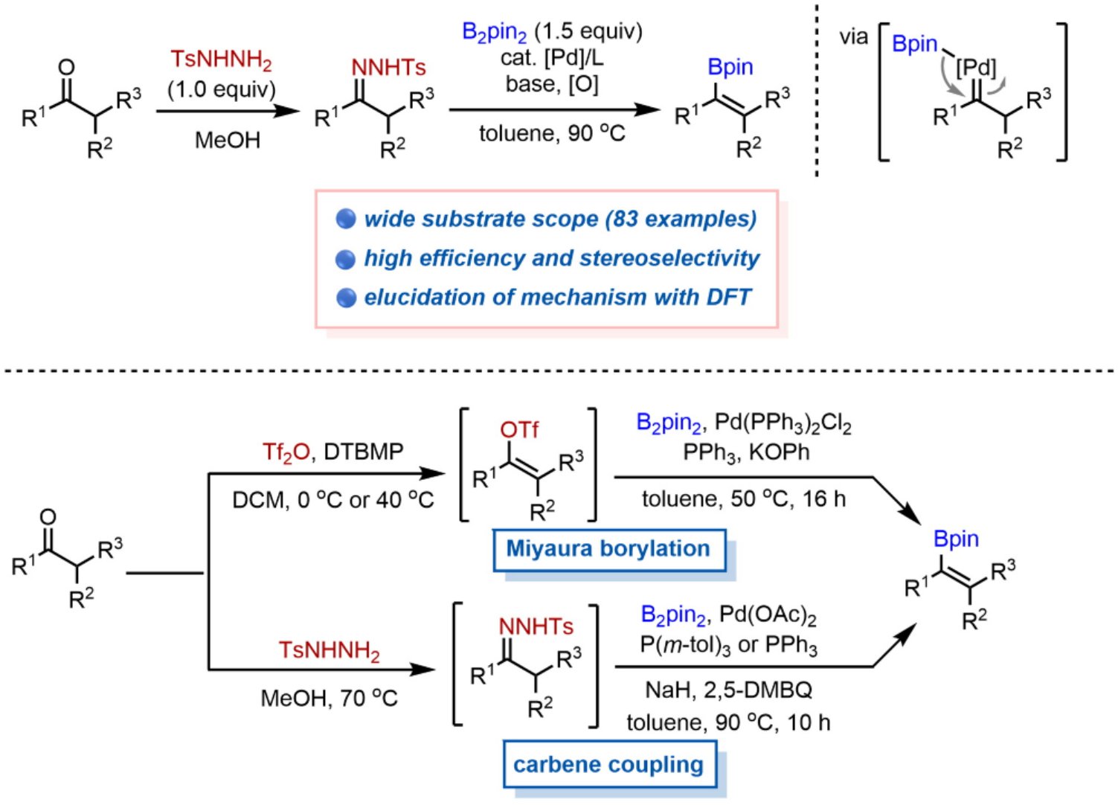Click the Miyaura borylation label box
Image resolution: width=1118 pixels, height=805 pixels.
click(608, 549)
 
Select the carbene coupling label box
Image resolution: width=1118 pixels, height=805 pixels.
click(608, 765)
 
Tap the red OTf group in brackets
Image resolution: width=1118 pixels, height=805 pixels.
click(519, 430)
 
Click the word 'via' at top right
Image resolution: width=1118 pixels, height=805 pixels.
click(853, 37)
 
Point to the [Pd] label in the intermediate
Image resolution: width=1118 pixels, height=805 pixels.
click(975, 68)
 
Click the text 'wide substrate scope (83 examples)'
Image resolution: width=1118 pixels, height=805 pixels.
click(560, 219)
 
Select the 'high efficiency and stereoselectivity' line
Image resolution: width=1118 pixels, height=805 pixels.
click(562, 258)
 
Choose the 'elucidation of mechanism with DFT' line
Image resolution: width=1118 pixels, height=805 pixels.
click(557, 297)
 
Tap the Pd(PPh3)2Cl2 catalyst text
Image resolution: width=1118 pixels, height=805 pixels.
click(783, 423)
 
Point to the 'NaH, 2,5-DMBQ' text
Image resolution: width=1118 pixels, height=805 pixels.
click(728, 690)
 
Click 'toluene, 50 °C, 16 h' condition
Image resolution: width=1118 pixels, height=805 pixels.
click(743, 498)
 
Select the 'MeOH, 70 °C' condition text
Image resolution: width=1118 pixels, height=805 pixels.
click(329, 698)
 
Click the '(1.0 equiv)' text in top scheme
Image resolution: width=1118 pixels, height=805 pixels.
click(221, 89)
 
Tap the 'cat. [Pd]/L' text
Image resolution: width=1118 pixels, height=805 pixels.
click(551, 58)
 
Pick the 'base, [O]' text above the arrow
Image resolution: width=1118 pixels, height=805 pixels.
click(551, 84)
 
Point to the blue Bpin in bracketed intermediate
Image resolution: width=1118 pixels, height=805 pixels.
click(914, 44)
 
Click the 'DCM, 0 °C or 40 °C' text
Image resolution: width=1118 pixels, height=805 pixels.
click(332, 499)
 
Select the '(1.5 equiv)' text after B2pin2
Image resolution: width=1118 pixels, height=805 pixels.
click(588, 31)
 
